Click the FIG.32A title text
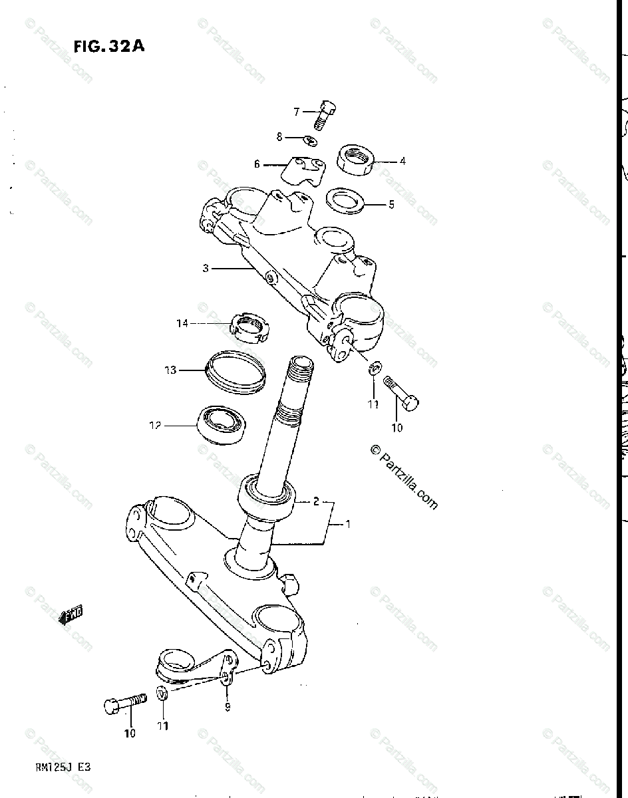[x=109, y=47]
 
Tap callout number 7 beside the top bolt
[x=297, y=112]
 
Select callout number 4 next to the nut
[x=402, y=161]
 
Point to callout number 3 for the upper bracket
[x=206, y=269]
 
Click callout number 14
[x=182, y=323]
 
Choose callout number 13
[x=170, y=370]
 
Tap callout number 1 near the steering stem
[x=347, y=525]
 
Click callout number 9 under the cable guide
[x=228, y=707]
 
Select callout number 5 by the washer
[x=391, y=205]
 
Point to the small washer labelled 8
[x=310, y=140]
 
